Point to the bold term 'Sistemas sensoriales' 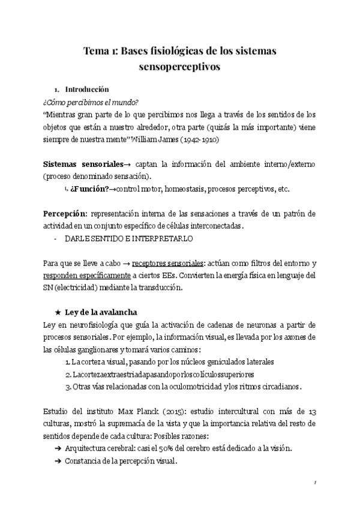click(82, 164)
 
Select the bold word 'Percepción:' click(65, 214)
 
